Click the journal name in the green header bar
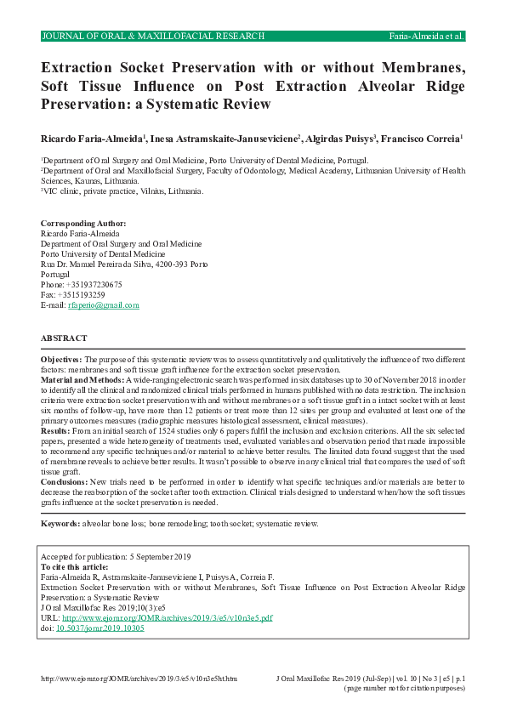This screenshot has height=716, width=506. pos(153,37)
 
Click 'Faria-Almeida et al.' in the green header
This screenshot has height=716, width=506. pos(425,37)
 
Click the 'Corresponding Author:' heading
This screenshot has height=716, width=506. pos(77,222)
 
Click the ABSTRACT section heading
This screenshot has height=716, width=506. pos(64,338)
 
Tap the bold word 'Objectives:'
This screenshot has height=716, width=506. pos(61,360)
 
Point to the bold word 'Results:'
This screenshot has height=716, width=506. pos(56,431)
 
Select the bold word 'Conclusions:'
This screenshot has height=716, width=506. pos(65,481)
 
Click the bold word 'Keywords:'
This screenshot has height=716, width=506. pos(61,524)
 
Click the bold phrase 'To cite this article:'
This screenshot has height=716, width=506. pos(75,566)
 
